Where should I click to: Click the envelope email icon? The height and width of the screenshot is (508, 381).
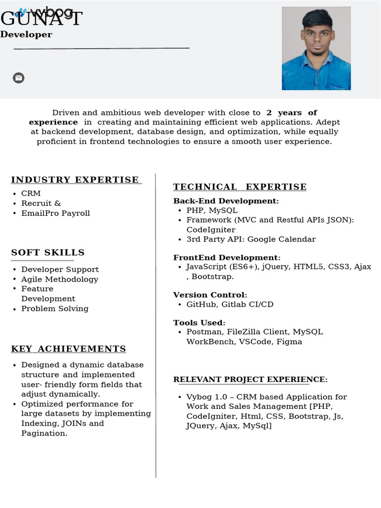tap(18, 78)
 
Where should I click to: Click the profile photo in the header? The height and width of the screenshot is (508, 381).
tap(316, 48)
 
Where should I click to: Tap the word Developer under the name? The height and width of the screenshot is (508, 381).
tap(26, 35)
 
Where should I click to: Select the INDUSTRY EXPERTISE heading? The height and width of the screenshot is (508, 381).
tap(75, 180)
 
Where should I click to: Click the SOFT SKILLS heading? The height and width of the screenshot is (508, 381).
tap(48, 253)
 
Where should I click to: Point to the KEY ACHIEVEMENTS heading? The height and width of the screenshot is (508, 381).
tap(68, 349)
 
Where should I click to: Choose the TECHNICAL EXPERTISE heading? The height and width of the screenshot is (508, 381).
tap(240, 187)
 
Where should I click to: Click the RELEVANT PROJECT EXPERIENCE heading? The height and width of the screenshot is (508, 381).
tap(250, 380)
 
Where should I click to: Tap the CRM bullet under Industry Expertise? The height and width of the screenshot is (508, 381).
tap(31, 193)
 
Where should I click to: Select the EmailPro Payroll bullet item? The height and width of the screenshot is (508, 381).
tap(56, 213)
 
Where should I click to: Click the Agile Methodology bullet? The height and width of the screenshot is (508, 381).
tap(60, 279)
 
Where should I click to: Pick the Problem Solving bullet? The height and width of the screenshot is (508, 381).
tap(55, 309)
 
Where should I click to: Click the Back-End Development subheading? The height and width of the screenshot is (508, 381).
tap(226, 201)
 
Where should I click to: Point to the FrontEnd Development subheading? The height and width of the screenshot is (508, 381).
tap(227, 257)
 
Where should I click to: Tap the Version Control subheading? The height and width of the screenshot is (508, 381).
tap(210, 295)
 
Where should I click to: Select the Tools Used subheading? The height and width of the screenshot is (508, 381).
tap(199, 322)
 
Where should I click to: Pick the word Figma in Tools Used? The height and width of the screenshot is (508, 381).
tap(289, 342)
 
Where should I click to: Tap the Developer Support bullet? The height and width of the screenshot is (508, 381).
tap(60, 269)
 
